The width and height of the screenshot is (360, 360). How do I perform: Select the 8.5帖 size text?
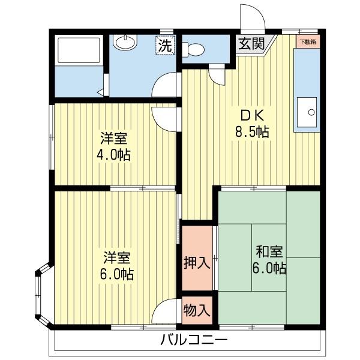tap(251, 132)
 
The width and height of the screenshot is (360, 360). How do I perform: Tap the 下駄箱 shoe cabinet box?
tap(309, 42)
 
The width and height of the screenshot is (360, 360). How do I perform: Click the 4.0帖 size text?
tap(113, 154)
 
